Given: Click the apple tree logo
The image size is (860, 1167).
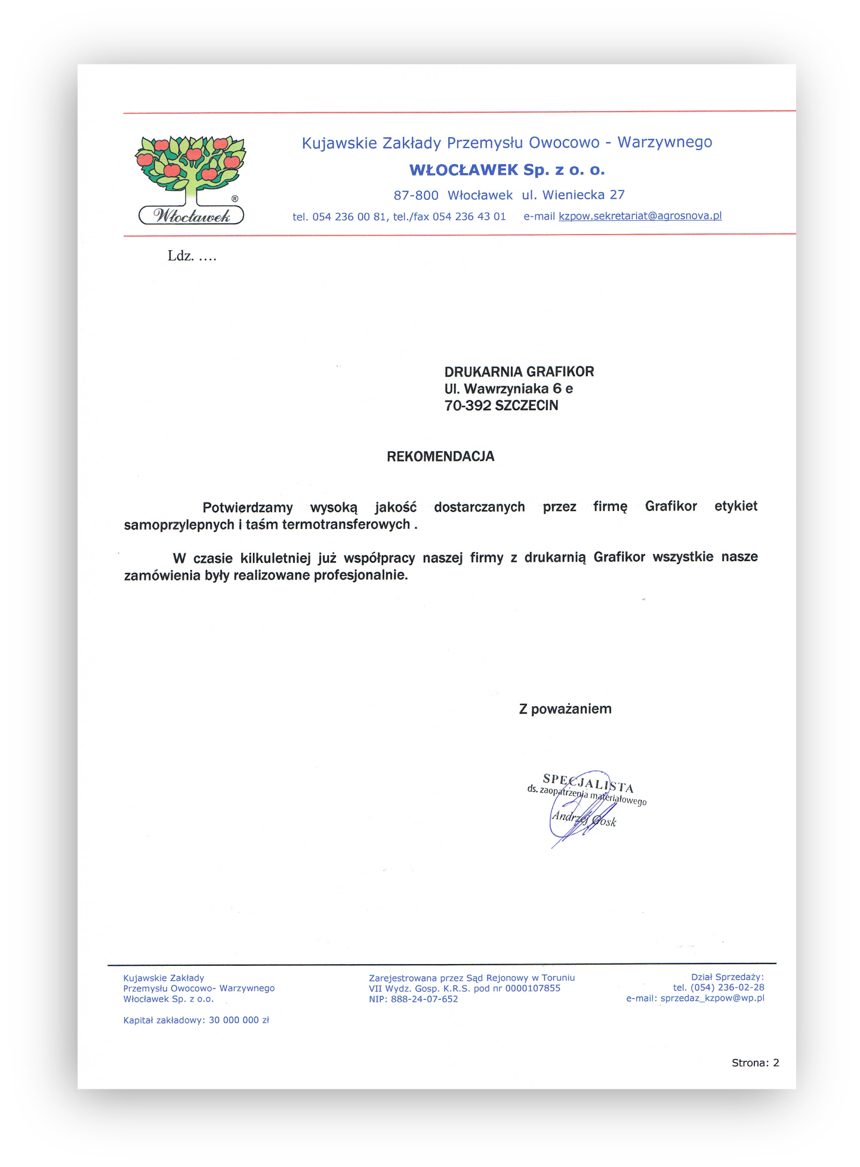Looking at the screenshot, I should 191,167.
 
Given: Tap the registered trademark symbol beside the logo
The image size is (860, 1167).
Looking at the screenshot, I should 235,199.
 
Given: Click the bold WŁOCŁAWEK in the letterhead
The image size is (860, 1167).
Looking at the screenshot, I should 464,170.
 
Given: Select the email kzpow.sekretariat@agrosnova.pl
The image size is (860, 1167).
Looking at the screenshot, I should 640,216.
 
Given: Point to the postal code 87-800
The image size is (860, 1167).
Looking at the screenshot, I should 416,195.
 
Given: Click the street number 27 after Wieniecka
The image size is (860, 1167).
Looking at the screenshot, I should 617,195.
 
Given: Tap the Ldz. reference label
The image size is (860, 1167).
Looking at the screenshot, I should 180,256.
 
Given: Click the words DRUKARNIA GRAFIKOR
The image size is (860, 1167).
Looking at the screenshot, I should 519,372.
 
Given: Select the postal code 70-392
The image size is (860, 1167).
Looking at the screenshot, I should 468,406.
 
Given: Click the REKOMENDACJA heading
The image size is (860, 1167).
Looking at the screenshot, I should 440,457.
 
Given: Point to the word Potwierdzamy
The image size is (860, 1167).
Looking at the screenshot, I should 248,507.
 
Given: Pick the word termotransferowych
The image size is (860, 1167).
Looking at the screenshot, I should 346,525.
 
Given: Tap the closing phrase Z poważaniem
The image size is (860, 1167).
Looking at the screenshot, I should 565,709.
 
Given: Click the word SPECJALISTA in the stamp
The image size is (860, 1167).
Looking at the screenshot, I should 588,783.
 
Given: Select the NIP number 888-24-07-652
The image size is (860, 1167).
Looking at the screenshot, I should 424,999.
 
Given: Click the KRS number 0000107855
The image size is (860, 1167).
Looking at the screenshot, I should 533,989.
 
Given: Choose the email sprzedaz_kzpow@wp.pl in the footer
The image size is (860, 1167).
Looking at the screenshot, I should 712,998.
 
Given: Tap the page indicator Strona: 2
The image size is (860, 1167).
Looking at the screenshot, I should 755,1063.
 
